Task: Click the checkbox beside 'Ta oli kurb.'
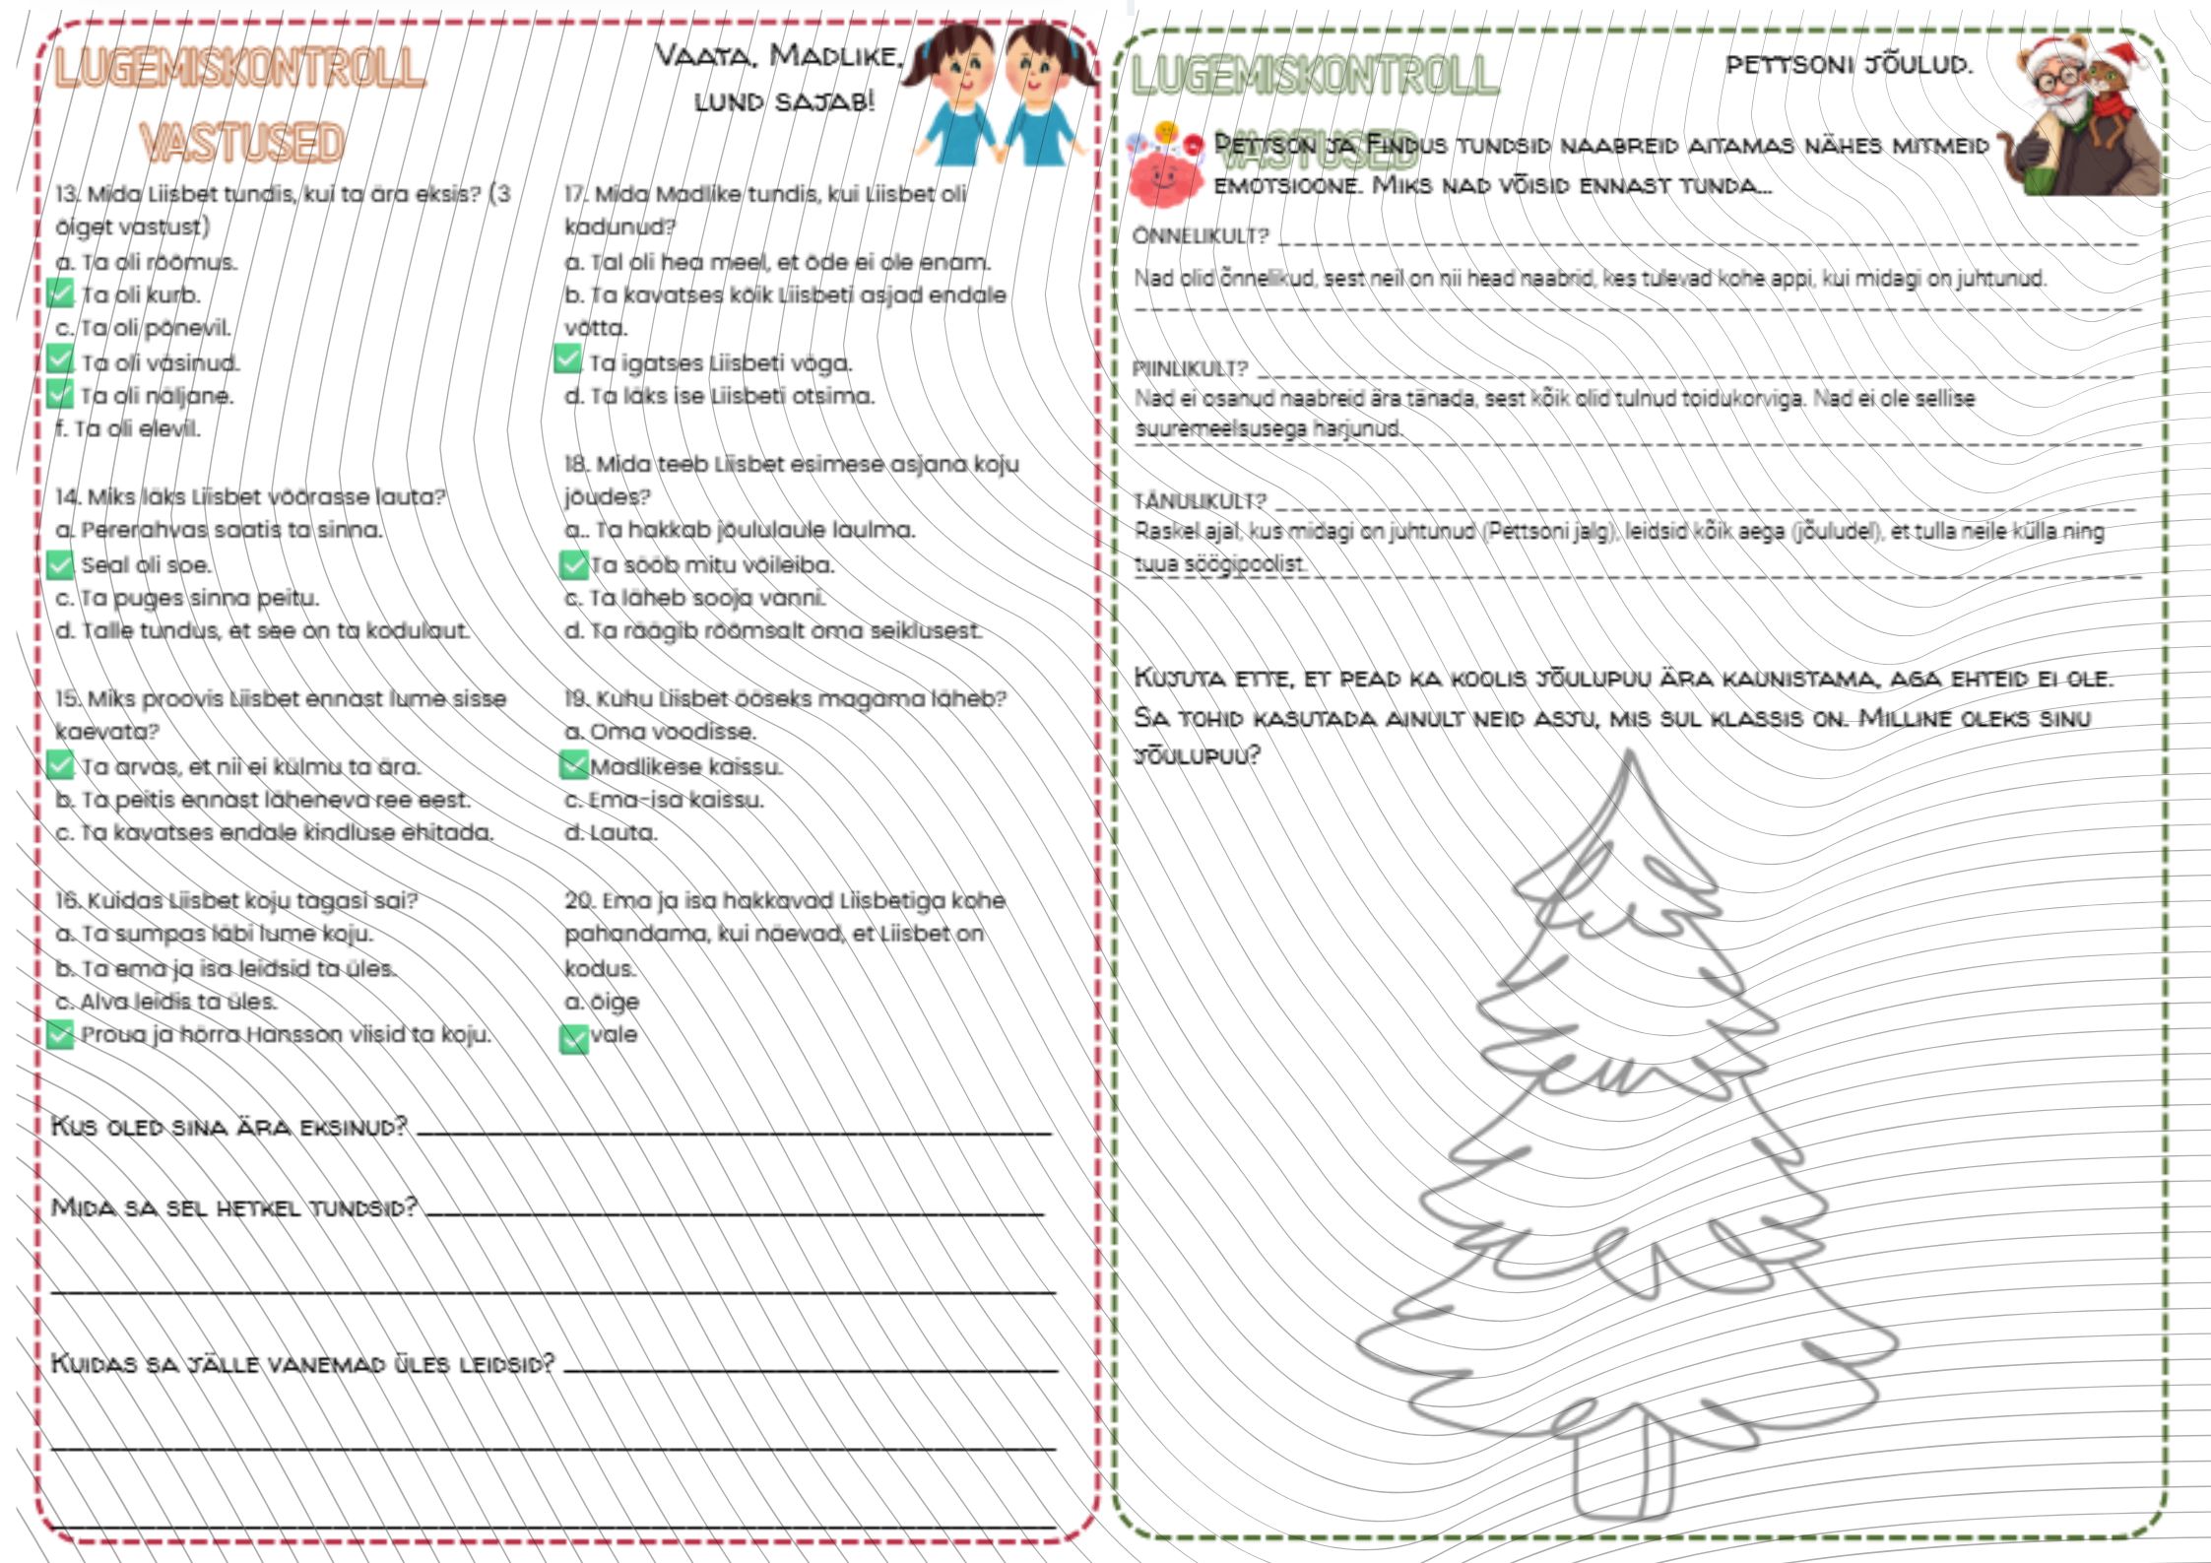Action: click(61, 293)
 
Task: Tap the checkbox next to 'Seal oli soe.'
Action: click(61, 564)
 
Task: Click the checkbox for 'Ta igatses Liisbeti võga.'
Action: click(567, 359)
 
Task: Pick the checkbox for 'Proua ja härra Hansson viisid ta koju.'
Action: click(61, 1034)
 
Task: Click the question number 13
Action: click(66, 194)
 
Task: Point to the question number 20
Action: click(578, 900)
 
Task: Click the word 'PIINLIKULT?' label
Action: click(1190, 368)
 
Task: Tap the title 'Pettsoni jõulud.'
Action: click(1849, 65)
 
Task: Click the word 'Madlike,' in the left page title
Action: click(835, 55)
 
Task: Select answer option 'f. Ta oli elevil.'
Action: click(128, 428)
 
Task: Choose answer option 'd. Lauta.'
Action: click(611, 832)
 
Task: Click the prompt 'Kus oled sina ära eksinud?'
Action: click(228, 1126)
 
